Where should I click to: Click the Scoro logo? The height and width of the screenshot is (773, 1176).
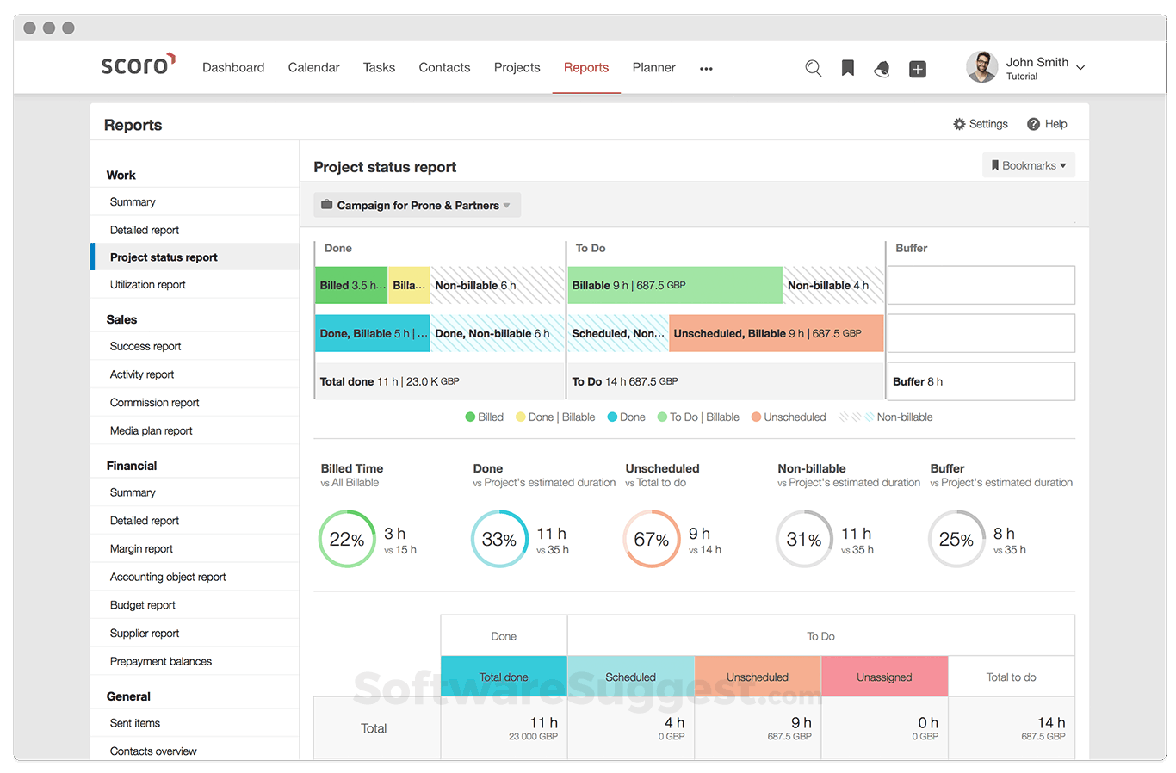138,65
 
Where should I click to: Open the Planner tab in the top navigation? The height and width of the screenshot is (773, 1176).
653,67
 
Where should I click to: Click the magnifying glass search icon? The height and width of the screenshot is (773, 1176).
813,68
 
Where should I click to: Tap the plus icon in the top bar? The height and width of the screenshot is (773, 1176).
918,69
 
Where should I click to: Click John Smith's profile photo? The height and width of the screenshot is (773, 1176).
981,67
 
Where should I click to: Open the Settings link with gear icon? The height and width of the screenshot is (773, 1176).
980,124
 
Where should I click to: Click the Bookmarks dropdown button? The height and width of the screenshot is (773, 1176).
1028,165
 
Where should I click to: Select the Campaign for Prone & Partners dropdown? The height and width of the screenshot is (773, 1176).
417,205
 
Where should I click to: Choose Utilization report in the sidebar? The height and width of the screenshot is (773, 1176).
147,284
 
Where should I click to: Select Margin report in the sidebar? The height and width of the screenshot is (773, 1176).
141,548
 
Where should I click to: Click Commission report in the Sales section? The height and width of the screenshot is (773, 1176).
154,402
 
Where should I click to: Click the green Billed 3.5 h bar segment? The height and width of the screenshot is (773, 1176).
351,285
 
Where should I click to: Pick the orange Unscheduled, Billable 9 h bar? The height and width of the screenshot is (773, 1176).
776,333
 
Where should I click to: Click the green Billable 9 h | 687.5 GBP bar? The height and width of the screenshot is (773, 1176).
674,285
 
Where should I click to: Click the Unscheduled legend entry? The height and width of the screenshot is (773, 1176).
788,417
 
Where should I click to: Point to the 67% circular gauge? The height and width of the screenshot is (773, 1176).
651,539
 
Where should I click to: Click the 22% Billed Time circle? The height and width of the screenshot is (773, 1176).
347,539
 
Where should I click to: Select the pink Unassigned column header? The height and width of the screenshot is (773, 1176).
884,677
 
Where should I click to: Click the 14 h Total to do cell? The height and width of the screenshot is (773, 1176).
1012,727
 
